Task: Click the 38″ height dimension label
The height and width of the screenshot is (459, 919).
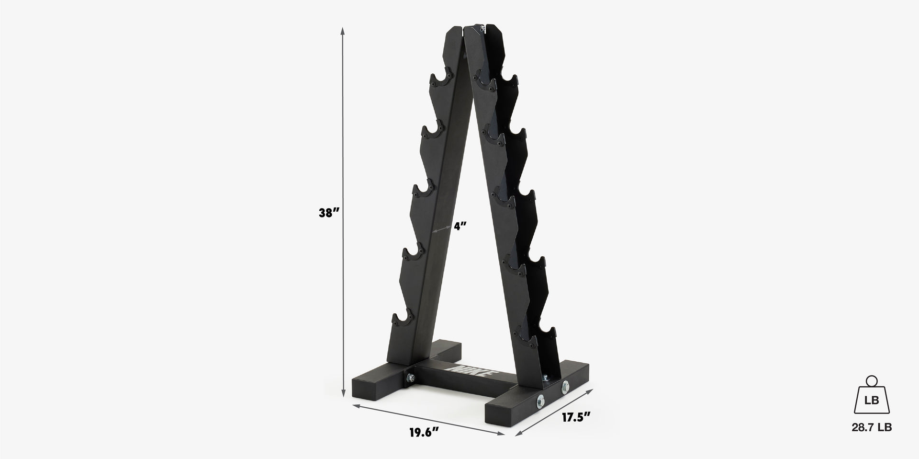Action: [329, 213]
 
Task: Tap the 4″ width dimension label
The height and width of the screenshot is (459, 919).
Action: [460, 226]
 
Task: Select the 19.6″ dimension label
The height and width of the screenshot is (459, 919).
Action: [424, 433]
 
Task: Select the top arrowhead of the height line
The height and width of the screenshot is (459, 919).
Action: [343, 30]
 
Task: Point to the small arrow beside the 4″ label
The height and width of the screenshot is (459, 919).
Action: [440, 229]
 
